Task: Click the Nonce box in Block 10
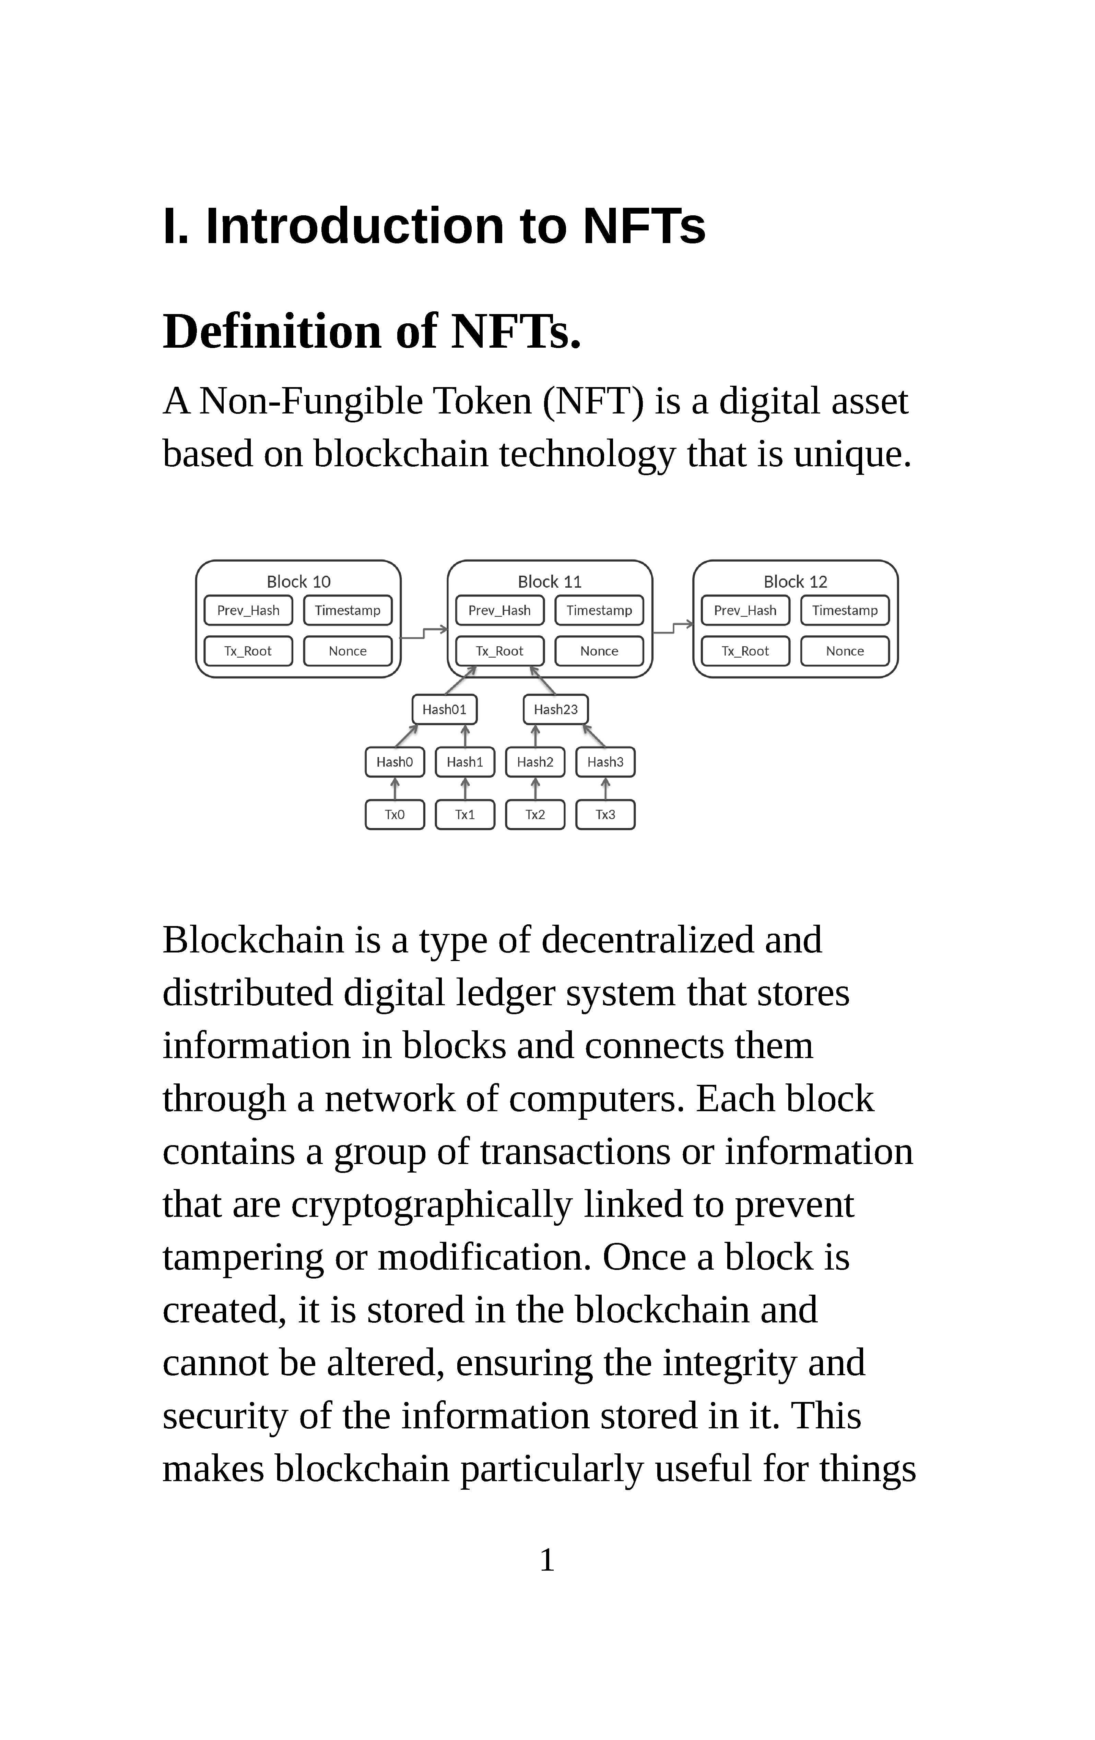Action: (x=348, y=651)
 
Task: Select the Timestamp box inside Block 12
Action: (x=845, y=611)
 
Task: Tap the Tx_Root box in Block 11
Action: (x=499, y=651)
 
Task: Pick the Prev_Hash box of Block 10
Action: (x=248, y=611)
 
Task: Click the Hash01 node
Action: (x=445, y=710)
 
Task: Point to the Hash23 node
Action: (x=556, y=710)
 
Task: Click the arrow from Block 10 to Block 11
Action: (x=424, y=633)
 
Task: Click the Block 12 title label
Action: (x=795, y=582)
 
